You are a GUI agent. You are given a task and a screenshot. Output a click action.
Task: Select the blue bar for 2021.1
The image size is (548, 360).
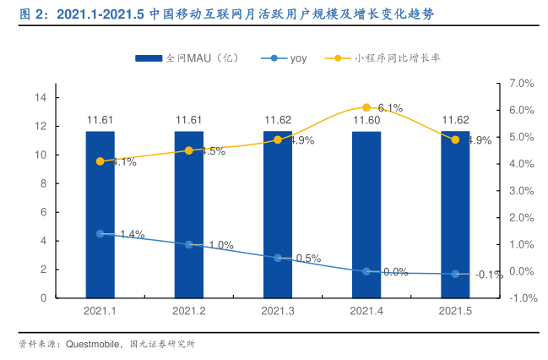pyautogui.click(x=100, y=215)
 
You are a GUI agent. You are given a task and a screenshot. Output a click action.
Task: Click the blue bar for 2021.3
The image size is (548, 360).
pyautogui.click(x=278, y=215)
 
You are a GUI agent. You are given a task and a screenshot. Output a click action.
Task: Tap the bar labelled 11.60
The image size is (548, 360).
pyautogui.click(x=366, y=215)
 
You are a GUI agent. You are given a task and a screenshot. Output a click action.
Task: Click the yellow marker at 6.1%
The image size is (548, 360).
pyautogui.click(x=366, y=107)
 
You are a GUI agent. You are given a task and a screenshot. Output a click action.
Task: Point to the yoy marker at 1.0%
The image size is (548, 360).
pyautogui.click(x=189, y=244)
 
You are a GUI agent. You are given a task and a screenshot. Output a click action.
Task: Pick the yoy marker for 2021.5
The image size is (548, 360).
pyautogui.click(x=456, y=274)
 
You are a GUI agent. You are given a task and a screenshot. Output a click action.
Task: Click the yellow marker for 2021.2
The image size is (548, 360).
pyautogui.click(x=189, y=150)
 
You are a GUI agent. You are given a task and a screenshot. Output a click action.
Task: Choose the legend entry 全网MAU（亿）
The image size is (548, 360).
pyautogui.click(x=186, y=58)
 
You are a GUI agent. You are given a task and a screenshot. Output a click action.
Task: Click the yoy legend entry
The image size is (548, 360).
pyautogui.click(x=283, y=58)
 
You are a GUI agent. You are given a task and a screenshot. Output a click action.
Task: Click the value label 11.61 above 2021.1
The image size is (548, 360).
pyautogui.click(x=100, y=120)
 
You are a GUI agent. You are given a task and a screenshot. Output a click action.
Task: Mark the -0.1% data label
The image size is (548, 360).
pyautogui.click(x=488, y=275)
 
